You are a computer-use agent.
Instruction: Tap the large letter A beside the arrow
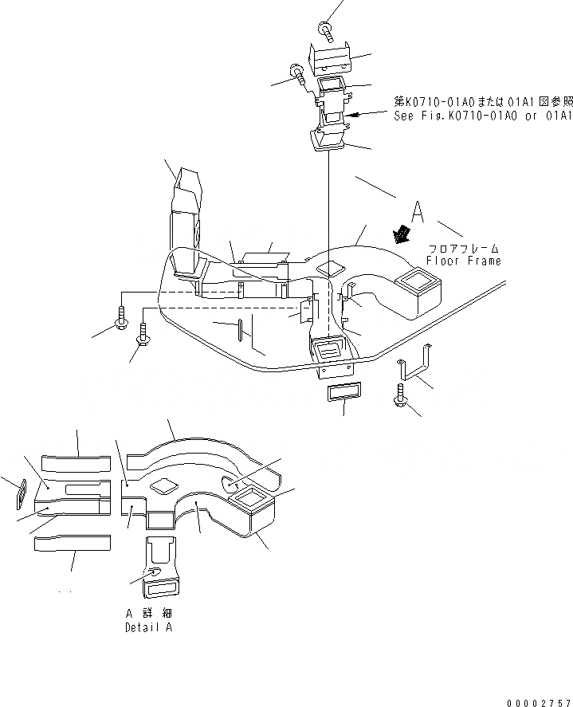pos(418,212)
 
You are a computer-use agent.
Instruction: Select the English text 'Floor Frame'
pos(463,261)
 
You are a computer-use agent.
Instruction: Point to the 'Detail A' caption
pos(149,628)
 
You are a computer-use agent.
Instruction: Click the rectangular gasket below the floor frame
pos(343,393)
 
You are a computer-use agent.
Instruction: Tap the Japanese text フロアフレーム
pos(465,248)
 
